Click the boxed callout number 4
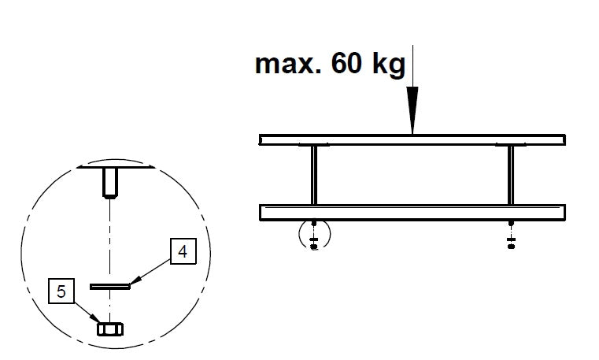click(183, 251)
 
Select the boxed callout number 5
click(61, 291)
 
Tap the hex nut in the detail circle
click(110, 329)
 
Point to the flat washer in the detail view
click(110, 286)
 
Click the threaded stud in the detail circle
click(110, 183)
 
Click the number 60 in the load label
click(346, 63)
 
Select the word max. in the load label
click(287, 65)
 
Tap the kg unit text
click(389, 65)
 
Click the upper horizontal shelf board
click(412, 139)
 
